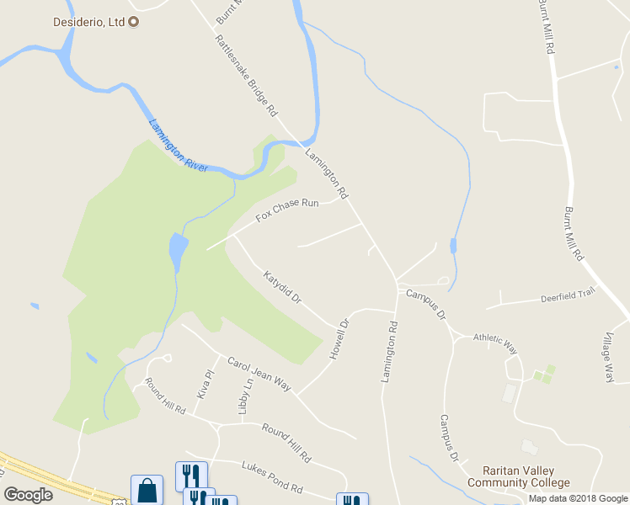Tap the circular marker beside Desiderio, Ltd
(x=133, y=20)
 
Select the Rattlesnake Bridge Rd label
(x=245, y=76)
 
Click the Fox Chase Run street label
(x=287, y=210)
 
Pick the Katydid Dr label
(x=281, y=288)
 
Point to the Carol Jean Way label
(x=259, y=374)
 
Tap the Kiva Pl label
(x=202, y=384)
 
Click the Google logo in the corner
(x=28, y=495)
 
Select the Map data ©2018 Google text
(x=579, y=498)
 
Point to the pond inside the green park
(x=178, y=250)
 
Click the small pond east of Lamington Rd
(x=453, y=246)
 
